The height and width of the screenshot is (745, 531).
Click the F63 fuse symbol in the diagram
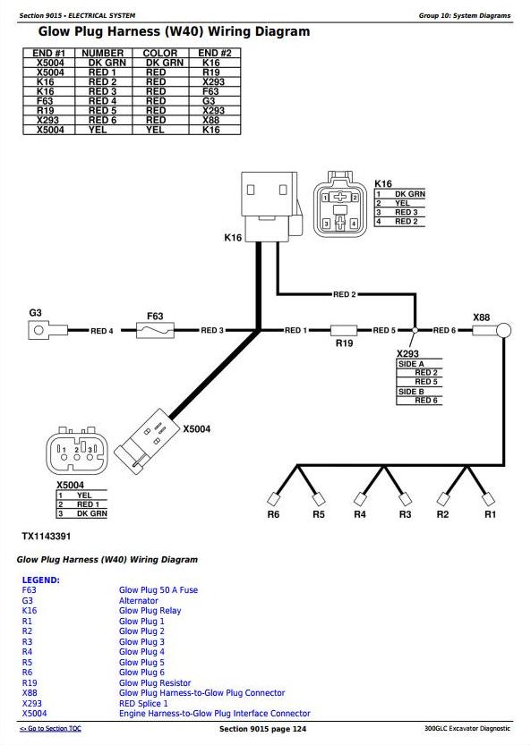click(155, 330)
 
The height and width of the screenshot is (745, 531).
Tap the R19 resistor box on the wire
click(344, 330)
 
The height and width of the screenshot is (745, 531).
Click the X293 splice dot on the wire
click(415, 330)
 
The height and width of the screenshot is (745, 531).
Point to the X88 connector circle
click(504, 330)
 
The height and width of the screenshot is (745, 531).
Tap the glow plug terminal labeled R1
click(489, 499)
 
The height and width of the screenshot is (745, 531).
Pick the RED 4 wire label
click(102, 331)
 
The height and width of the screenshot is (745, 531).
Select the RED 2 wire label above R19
click(345, 294)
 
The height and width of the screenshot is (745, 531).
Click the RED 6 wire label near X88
click(444, 330)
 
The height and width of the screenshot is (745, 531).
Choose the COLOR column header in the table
click(160, 54)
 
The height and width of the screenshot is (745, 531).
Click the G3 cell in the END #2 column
click(209, 101)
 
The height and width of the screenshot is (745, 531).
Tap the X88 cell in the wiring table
click(210, 120)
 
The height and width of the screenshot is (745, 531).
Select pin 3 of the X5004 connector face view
click(90, 457)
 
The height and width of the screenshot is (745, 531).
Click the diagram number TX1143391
click(47, 537)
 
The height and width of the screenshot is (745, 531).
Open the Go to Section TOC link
click(50, 728)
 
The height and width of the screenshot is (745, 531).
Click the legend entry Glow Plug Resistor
click(155, 682)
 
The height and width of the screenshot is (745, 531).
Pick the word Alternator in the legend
click(139, 601)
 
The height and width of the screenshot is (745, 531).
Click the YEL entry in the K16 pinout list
click(402, 203)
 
